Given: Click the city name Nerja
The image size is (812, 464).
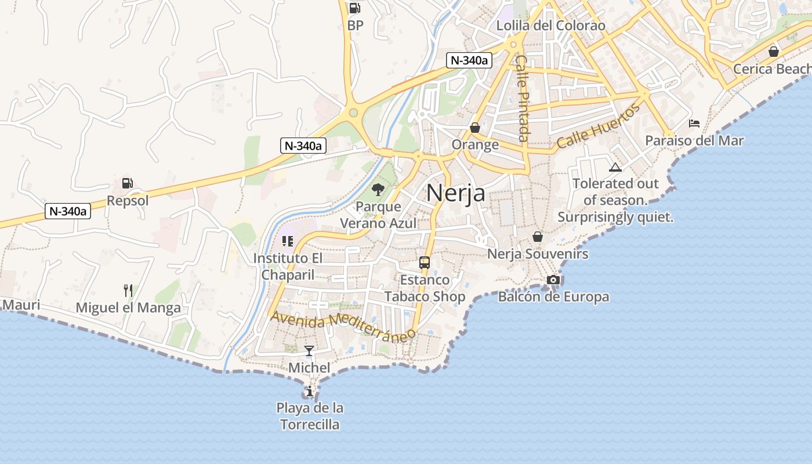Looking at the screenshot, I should click(x=455, y=193).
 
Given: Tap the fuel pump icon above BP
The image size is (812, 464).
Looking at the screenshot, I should click(x=354, y=8).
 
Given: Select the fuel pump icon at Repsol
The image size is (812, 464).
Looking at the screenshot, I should click(x=127, y=183).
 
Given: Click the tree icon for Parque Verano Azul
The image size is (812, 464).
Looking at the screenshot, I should click(x=378, y=189).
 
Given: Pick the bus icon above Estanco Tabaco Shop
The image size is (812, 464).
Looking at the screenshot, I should click(x=425, y=262).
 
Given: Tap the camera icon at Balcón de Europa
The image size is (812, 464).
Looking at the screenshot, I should click(x=553, y=280).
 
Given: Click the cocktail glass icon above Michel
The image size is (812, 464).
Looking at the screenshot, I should click(x=309, y=350).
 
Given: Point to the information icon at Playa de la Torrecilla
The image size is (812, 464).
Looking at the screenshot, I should click(x=310, y=391).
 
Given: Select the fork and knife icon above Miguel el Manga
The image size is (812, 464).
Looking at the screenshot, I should click(x=128, y=290).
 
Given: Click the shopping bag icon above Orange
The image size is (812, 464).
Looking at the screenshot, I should click(x=475, y=127).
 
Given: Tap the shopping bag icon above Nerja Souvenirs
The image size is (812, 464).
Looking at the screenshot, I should click(x=538, y=237).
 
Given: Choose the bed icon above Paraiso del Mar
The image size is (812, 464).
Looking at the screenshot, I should click(x=694, y=123).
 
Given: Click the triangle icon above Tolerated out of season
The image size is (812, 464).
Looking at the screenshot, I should click(x=615, y=168).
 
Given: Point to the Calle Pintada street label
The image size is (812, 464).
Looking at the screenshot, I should click(x=523, y=99).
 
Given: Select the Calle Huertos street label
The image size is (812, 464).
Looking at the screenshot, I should click(x=599, y=126).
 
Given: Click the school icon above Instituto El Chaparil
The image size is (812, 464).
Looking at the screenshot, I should click(x=288, y=241).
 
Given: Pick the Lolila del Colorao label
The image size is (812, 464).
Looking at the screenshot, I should click(x=550, y=26).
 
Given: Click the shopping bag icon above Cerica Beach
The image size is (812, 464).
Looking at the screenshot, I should click(x=773, y=52).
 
